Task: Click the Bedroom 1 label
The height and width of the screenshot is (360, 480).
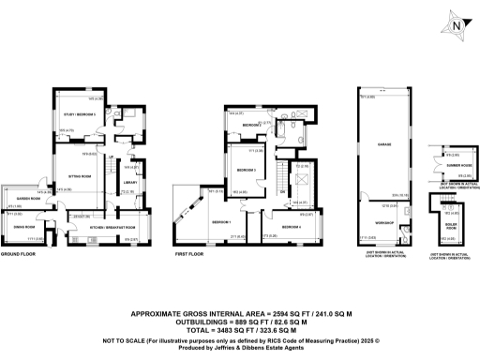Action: click(x=221, y=221)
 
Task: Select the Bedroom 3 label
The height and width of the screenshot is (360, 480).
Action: click(x=247, y=170)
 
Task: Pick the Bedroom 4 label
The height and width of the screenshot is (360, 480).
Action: click(x=292, y=227)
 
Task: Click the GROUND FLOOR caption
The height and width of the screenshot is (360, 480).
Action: click(x=18, y=254)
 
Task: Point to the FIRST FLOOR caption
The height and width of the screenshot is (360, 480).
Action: click(x=191, y=254)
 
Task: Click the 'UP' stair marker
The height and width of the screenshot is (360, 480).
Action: click(x=111, y=156)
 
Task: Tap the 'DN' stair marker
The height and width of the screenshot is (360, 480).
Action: click(x=283, y=189)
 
